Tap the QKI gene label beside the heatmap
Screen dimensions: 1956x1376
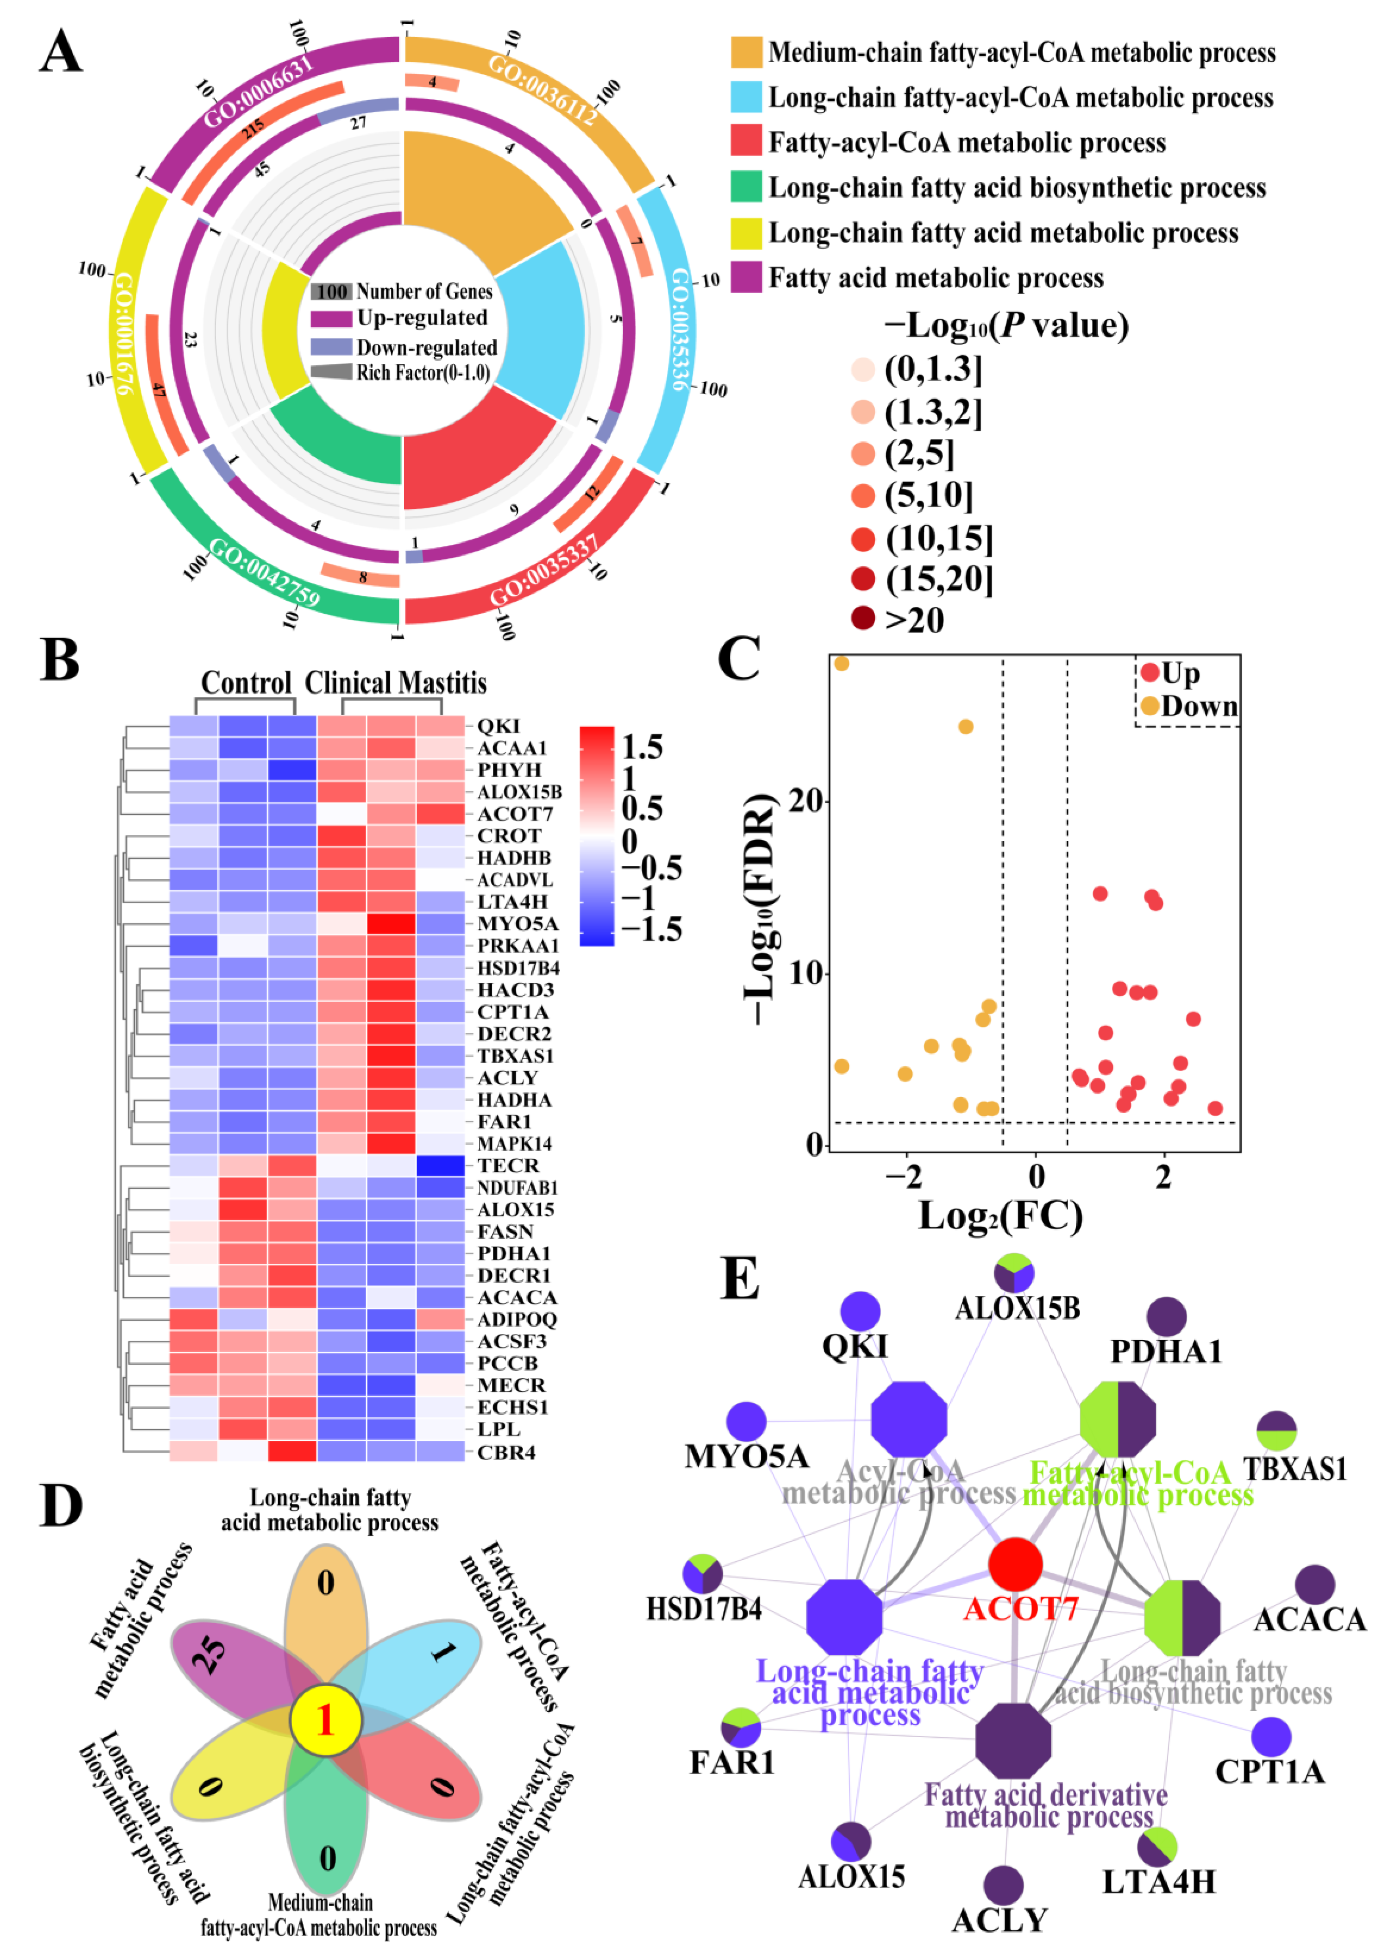[x=498, y=726]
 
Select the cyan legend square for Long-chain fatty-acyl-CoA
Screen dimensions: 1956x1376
[x=746, y=97]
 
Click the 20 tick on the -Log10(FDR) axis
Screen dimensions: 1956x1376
[x=804, y=801]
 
